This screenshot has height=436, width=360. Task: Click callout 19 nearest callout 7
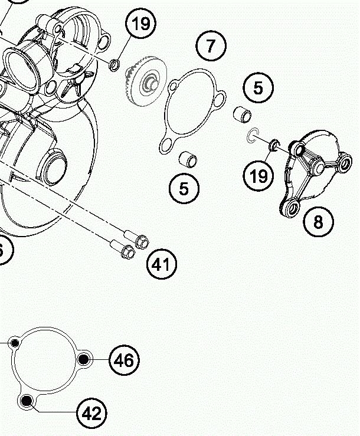142,24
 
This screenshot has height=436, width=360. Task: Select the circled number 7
212,45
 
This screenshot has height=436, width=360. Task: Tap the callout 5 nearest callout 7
258,87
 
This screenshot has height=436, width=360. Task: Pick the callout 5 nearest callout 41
184,188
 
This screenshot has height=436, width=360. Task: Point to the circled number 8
319,222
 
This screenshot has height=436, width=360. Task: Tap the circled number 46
124,359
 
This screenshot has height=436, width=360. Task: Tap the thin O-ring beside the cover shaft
252,136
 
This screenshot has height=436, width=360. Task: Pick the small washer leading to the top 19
116,63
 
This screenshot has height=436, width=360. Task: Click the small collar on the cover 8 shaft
274,145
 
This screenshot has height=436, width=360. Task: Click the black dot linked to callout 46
84,359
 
